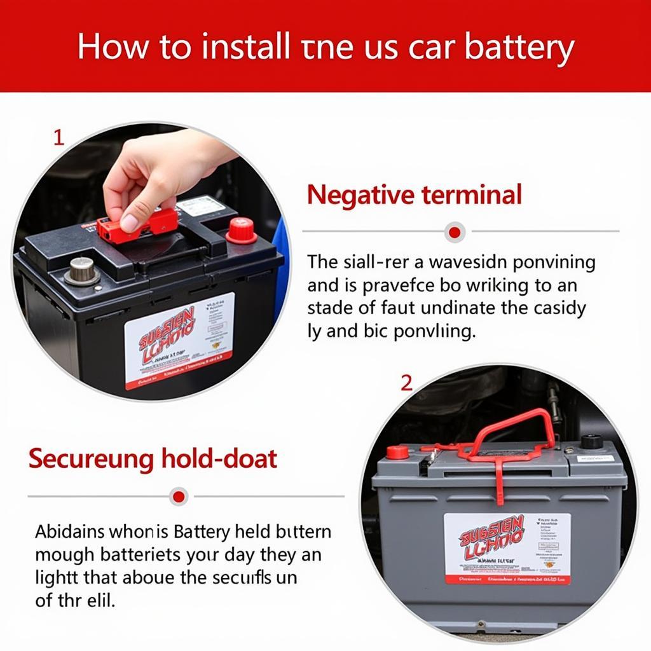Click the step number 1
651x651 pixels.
[58, 138]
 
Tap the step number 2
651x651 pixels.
[406, 383]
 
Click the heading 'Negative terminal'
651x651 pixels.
[414, 195]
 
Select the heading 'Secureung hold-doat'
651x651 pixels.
[153, 458]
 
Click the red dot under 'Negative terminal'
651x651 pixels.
[454, 232]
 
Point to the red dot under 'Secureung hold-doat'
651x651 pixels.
[179, 497]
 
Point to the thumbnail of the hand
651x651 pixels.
[130, 223]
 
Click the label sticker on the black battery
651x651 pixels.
[179, 341]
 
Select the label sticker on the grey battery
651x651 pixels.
[506, 548]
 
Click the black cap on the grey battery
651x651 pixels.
[591, 442]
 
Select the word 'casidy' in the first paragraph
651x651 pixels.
[560, 308]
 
